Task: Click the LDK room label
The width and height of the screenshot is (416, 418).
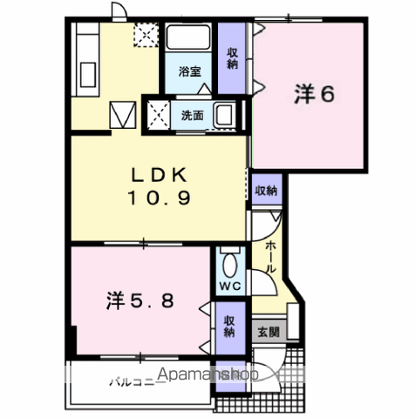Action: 159,175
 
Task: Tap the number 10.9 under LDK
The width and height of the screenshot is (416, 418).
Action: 159,199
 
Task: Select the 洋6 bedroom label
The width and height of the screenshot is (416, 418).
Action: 314,94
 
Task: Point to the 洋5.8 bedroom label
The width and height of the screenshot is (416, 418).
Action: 140,300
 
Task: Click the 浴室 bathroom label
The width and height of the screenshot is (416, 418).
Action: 189,71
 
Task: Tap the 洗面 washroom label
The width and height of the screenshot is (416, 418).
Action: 192,116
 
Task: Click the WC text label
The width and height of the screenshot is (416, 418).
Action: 230,287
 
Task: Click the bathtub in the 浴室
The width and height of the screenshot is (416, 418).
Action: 188,38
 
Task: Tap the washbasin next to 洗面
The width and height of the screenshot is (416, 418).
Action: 225,115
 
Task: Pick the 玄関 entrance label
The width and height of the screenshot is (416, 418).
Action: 269,332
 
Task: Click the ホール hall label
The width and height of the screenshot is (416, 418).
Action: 270,257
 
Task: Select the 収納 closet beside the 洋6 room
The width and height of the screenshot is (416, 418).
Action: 232,58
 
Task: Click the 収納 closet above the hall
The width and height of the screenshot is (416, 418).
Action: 266,190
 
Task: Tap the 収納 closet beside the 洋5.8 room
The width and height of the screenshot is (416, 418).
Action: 229,328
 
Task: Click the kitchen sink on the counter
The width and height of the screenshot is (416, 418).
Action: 88,74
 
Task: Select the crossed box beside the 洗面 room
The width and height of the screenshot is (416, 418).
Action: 158,116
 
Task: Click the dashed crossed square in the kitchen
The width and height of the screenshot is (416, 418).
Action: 147,35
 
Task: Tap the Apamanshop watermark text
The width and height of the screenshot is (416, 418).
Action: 208,374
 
